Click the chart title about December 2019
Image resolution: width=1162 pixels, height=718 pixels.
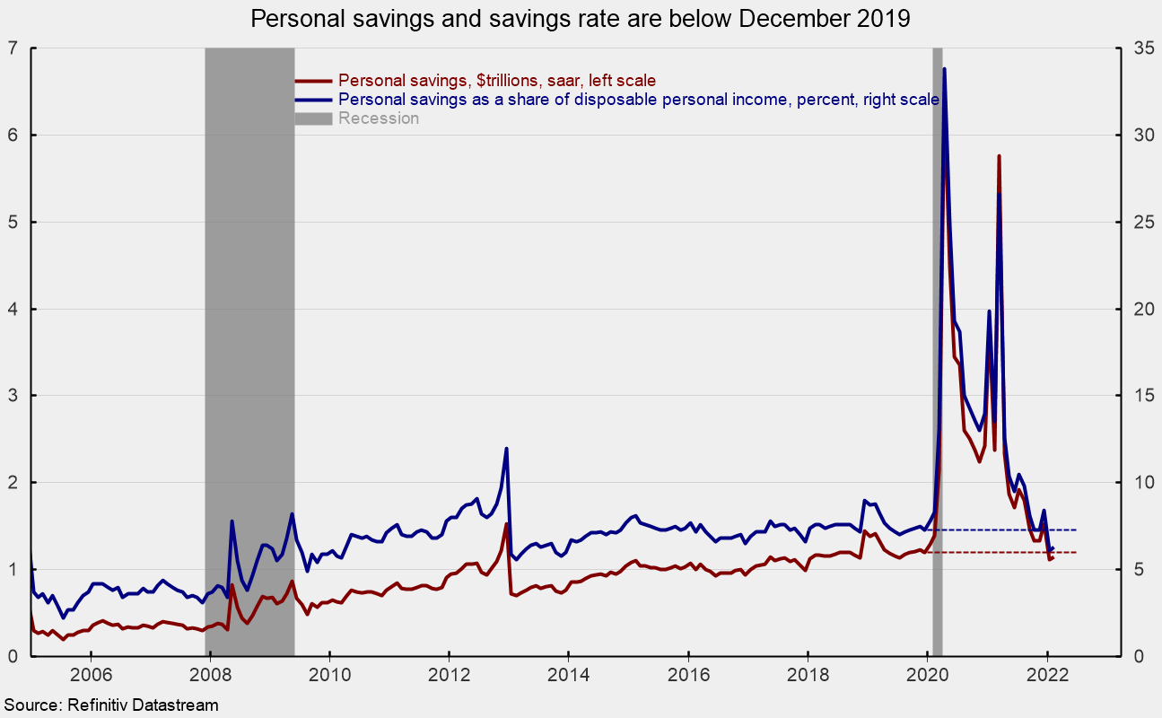[x=581, y=20]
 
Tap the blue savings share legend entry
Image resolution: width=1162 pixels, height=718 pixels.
[x=638, y=100]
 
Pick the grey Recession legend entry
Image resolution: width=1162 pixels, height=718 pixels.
[x=378, y=118]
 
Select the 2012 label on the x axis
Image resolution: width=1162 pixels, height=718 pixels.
[x=449, y=675]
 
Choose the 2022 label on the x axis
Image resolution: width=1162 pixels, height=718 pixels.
[x=1046, y=675]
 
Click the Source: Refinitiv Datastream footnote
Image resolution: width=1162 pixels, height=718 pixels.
[x=110, y=706]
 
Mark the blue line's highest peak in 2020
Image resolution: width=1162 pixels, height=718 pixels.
[x=944, y=69]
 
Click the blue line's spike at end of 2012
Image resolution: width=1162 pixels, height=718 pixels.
[x=507, y=448]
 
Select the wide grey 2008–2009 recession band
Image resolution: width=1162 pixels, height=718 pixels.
[x=249, y=359]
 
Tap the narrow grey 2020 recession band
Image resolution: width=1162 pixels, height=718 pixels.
[x=938, y=359]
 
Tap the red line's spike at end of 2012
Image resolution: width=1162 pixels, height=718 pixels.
[x=506, y=524]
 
